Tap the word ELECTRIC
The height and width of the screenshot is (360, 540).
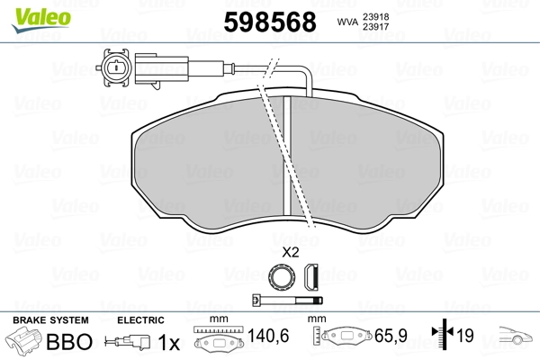(141, 320)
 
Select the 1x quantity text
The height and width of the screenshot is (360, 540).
(168, 342)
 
